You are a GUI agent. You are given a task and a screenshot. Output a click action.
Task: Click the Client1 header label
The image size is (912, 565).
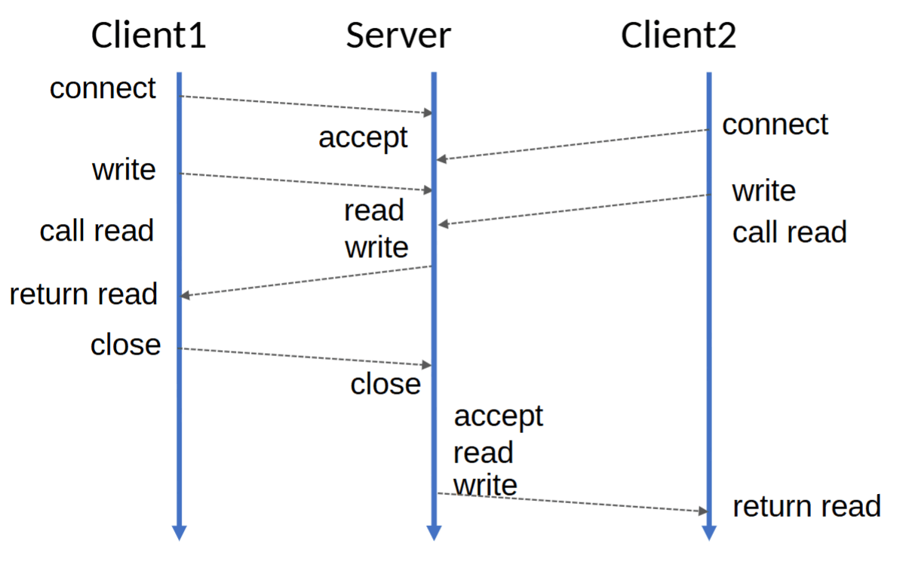coord(148,35)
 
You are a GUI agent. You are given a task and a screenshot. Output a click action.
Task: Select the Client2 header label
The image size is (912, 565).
coord(678,35)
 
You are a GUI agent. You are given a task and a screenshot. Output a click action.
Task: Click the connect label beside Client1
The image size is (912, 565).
coord(103,88)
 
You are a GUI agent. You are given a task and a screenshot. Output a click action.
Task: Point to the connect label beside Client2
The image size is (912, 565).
coord(775,124)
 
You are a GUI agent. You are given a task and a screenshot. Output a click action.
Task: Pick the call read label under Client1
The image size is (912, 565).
coord(97,231)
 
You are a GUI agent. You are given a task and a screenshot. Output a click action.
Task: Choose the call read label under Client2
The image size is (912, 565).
coord(789,232)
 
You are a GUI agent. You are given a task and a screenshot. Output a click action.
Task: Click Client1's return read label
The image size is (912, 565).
coord(83,293)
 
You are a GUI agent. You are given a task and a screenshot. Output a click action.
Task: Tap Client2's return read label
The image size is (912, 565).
coord(806,506)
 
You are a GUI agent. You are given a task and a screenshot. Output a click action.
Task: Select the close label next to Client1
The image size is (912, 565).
coord(125,345)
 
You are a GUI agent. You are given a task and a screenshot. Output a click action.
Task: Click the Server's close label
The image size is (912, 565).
coord(385,384)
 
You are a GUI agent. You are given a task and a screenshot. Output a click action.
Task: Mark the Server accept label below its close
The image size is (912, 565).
coord(498,415)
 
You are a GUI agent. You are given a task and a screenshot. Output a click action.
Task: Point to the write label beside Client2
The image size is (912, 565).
coord(763,191)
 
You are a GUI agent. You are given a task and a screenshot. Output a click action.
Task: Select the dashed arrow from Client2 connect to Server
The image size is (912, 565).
coord(573,144)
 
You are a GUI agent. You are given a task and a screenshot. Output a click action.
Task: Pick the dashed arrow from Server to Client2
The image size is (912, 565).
coord(573,502)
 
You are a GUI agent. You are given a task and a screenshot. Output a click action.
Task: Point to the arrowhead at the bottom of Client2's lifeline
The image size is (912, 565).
coord(708,532)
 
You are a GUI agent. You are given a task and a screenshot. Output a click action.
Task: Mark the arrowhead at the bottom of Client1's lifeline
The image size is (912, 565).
coord(179,532)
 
